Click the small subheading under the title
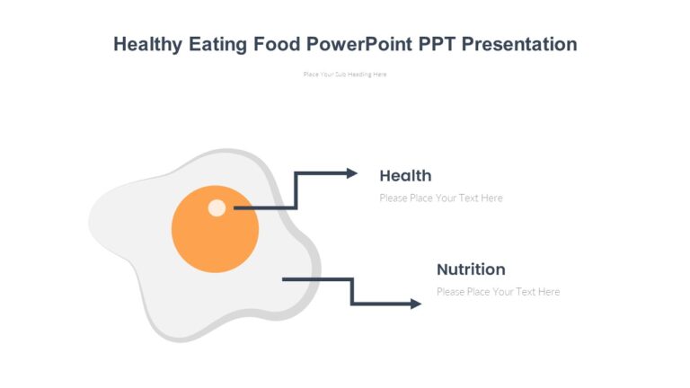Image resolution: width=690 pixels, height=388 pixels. (345, 75)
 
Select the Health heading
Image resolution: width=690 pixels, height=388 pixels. (405, 175)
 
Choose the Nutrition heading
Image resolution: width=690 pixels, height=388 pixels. (471, 269)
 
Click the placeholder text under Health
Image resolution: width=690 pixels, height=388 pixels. (441, 198)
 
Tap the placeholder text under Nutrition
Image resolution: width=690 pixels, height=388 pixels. (498, 291)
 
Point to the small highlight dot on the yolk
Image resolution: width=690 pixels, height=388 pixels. (217, 207)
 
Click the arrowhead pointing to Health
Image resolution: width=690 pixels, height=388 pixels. (352, 173)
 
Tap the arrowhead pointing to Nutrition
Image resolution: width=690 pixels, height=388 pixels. (415, 304)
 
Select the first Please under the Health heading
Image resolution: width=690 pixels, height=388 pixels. (394, 198)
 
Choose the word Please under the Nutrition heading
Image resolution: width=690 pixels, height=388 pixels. (450, 291)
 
